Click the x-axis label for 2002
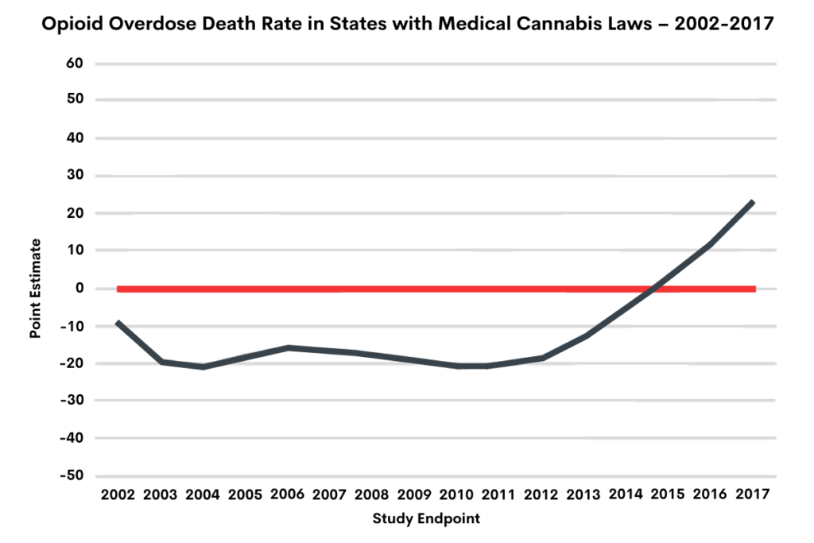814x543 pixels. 117,495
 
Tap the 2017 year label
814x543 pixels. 752,495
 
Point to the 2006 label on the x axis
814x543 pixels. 288,495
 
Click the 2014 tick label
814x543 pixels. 626,495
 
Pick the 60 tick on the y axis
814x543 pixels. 76,64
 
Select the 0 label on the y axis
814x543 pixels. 80,289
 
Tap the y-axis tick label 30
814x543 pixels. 76,176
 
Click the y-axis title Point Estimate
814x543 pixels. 35,289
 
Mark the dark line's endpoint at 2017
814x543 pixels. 752,202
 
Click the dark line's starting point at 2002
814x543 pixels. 118,322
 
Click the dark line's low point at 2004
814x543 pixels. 203,367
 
